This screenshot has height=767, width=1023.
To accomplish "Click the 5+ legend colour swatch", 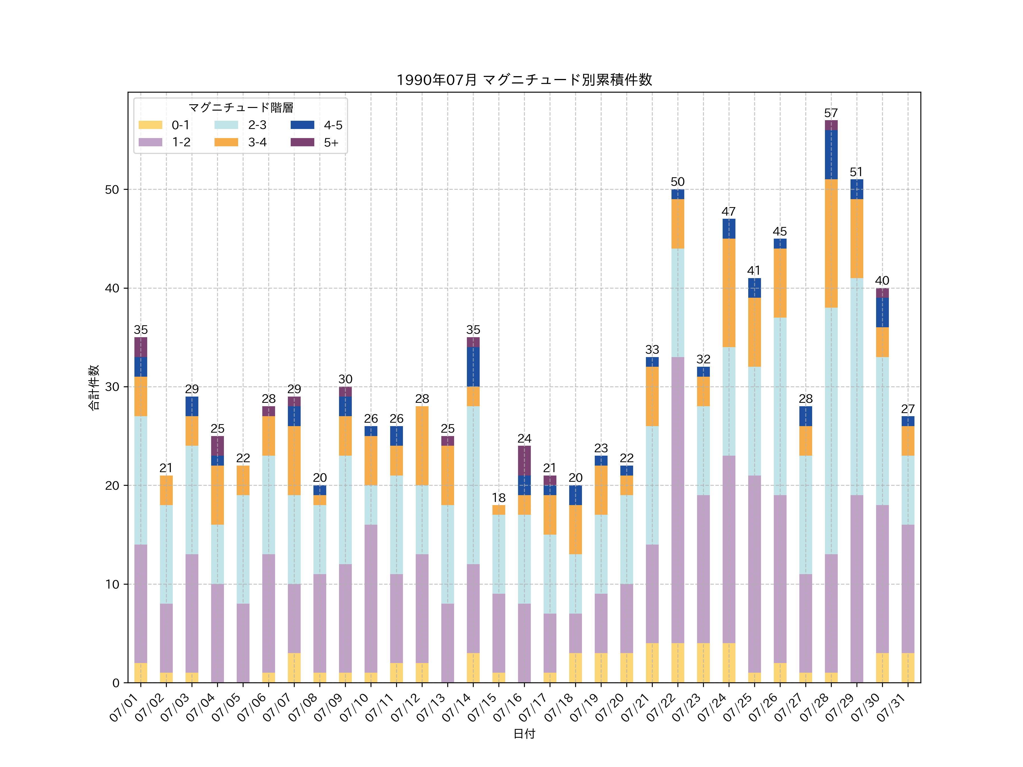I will pyautogui.click(x=302, y=142).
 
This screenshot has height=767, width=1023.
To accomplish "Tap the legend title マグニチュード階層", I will pyautogui.click(x=240, y=108).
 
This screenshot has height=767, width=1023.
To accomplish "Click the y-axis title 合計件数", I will pyautogui.click(x=94, y=387).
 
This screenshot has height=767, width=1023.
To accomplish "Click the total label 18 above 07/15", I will pyautogui.click(x=498, y=498).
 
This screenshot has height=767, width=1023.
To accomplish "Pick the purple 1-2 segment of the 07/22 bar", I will pyautogui.click(x=677, y=500).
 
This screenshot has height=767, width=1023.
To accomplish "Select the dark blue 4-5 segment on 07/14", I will pyautogui.click(x=473, y=367).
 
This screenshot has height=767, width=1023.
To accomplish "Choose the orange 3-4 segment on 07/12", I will pyautogui.click(x=422, y=446).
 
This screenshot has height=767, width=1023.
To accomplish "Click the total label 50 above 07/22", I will pyautogui.click(x=677, y=182).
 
